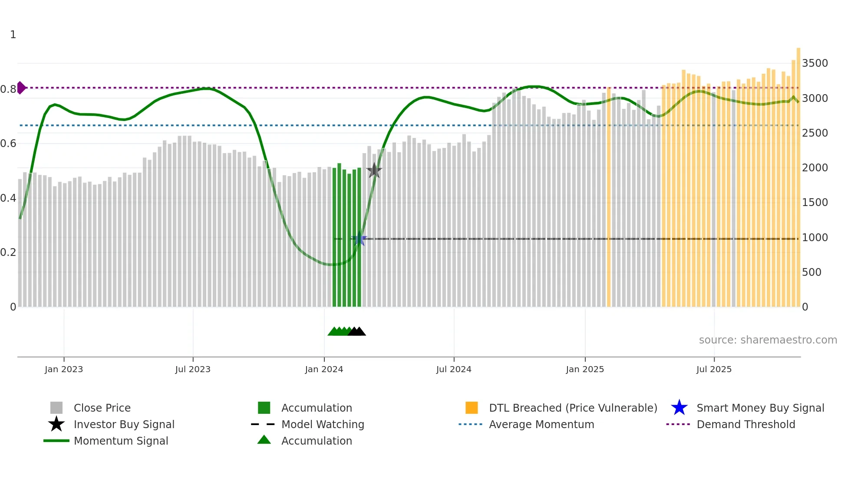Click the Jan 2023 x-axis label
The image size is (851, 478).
tap(64, 369)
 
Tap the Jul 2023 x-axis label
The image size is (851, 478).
tap(193, 369)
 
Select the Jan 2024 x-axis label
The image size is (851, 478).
tap(324, 369)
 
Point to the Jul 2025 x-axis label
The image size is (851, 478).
tap(714, 369)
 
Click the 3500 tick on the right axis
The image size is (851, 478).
tap(815, 63)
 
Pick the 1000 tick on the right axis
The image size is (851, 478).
tap(815, 238)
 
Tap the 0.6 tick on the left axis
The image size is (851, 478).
tap(8, 144)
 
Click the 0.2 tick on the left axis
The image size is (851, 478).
tap(8, 252)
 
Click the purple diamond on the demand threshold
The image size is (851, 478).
tap(21, 88)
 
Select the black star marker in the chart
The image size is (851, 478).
tap(374, 170)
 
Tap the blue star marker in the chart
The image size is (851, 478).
tap(359, 239)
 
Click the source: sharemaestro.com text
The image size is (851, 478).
tap(768, 340)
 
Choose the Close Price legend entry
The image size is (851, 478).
tap(102, 408)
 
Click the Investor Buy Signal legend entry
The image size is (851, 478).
tap(124, 424)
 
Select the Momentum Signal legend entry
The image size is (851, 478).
tap(121, 441)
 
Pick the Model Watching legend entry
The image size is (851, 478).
tap(323, 424)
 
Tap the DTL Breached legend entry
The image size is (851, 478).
tap(573, 408)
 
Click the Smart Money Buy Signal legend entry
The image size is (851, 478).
tap(760, 408)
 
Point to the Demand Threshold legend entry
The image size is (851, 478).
tap(745, 424)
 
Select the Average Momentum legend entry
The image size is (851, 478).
tap(541, 424)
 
